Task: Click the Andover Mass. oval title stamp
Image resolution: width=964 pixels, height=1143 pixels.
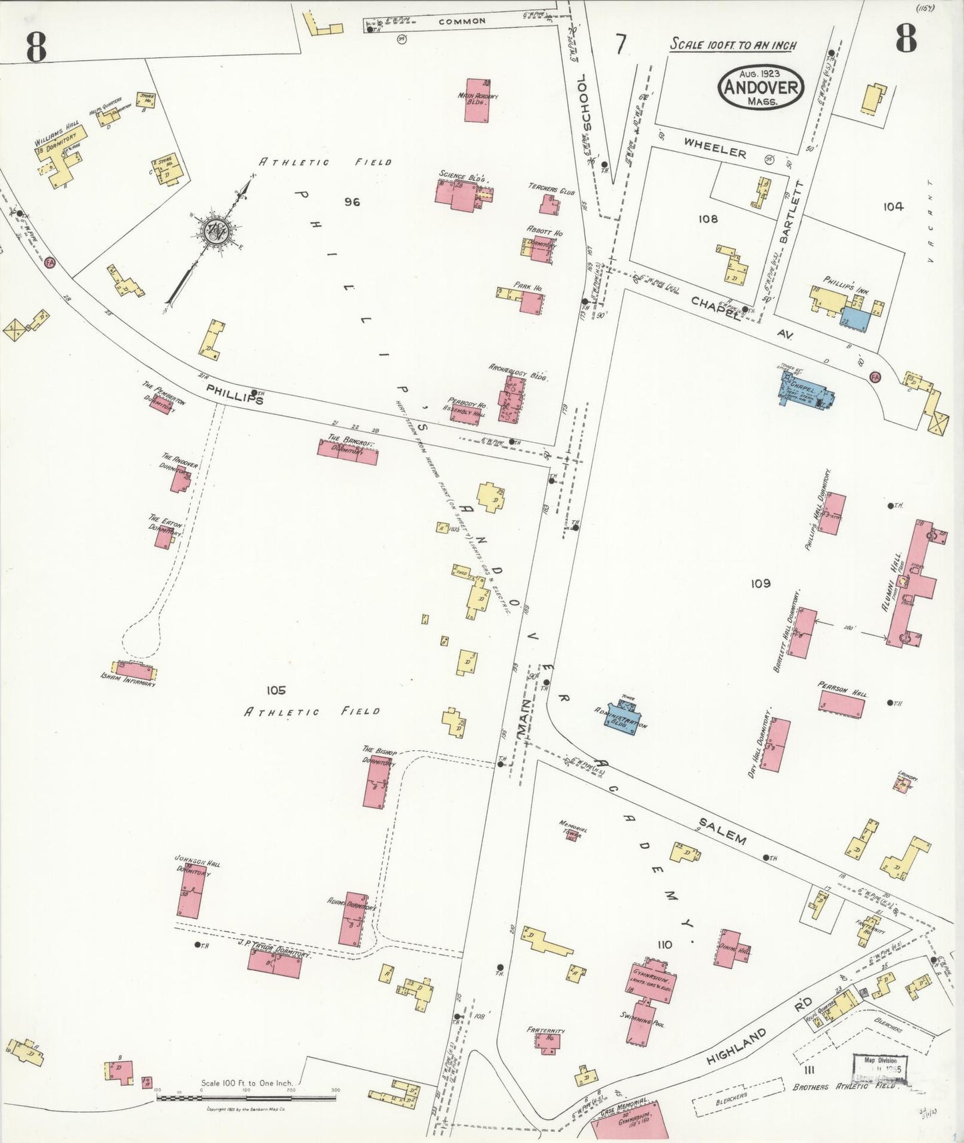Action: point(761,87)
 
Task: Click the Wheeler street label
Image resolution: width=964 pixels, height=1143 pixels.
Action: point(714,150)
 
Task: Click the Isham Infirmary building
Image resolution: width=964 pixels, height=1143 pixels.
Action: point(135,670)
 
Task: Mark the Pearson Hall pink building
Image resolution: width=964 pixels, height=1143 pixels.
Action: point(842,704)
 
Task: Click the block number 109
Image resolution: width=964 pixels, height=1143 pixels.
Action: point(761,584)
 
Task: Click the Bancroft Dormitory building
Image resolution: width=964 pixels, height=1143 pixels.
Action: point(347,451)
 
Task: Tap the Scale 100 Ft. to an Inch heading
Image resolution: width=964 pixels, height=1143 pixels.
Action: point(733,45)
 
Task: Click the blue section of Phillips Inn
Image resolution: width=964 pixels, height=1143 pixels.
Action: point(855,319)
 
